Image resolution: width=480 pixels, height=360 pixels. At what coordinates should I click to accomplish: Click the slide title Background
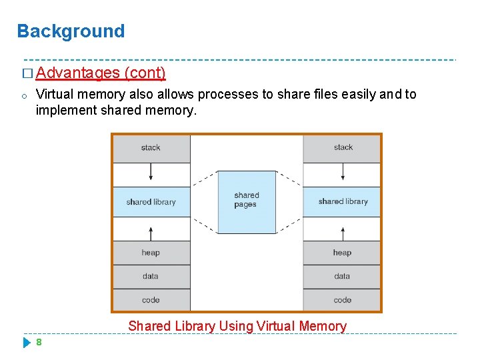pos(71,31)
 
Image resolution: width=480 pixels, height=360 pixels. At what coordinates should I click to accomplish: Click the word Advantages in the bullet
pos(79,73)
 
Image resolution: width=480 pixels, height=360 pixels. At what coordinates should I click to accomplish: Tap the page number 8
pos(39,343)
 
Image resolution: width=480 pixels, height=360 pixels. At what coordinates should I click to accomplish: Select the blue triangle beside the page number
pos(27,343)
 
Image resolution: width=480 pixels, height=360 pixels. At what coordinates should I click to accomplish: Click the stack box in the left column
pos(151,148)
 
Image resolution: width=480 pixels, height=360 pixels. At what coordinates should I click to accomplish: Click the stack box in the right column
pos(343,148)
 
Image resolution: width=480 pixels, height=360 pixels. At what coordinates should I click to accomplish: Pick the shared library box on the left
pos(151,201)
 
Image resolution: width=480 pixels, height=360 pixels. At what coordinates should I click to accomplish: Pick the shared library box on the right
pos(343,201)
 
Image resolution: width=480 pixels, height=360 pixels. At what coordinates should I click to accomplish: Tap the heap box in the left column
pos(151,253)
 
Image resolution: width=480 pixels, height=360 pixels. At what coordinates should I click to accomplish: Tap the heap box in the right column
pos(343,253)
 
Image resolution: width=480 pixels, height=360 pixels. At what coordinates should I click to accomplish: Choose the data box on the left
pos(151,276)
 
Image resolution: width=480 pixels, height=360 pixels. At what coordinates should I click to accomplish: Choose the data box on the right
pos(343,276)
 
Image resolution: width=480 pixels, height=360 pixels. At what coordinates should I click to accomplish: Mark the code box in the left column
pos(151,300)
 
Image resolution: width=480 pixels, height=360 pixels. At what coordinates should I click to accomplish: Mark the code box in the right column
pos(343,300)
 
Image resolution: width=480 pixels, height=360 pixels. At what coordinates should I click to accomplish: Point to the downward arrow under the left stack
pos(151,173)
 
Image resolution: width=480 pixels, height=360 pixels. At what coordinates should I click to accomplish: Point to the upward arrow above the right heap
pos(343,232)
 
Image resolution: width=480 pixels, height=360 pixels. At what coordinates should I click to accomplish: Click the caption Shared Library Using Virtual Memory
pos(237,326)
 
